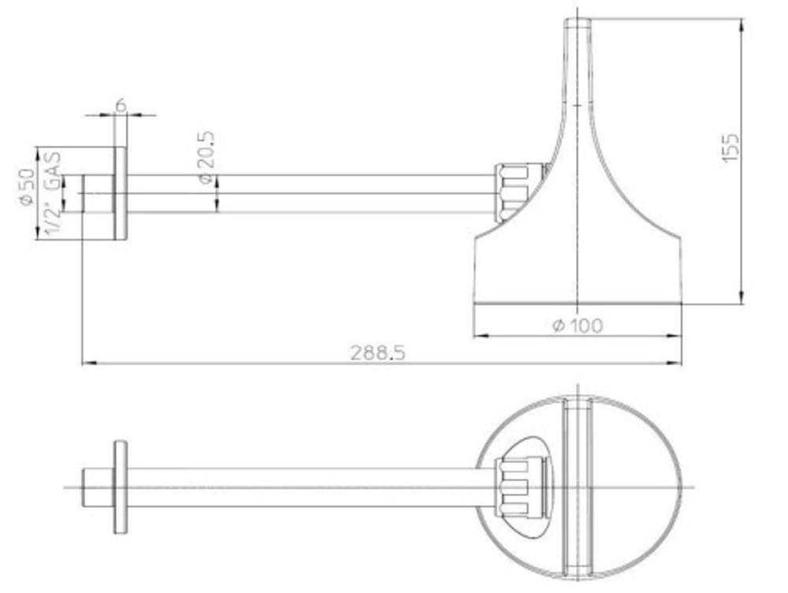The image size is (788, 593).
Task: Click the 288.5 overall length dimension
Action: point(377,352)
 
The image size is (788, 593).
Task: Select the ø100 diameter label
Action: point(578,326)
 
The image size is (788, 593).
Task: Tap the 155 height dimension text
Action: point(730,147)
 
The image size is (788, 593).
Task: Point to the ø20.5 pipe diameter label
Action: point(206,158)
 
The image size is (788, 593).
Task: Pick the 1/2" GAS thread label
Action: point(53,193)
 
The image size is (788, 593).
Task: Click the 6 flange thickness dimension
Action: point(121,106)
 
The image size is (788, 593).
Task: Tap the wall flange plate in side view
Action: point(121,194)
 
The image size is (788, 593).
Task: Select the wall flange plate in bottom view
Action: point(121,487)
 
